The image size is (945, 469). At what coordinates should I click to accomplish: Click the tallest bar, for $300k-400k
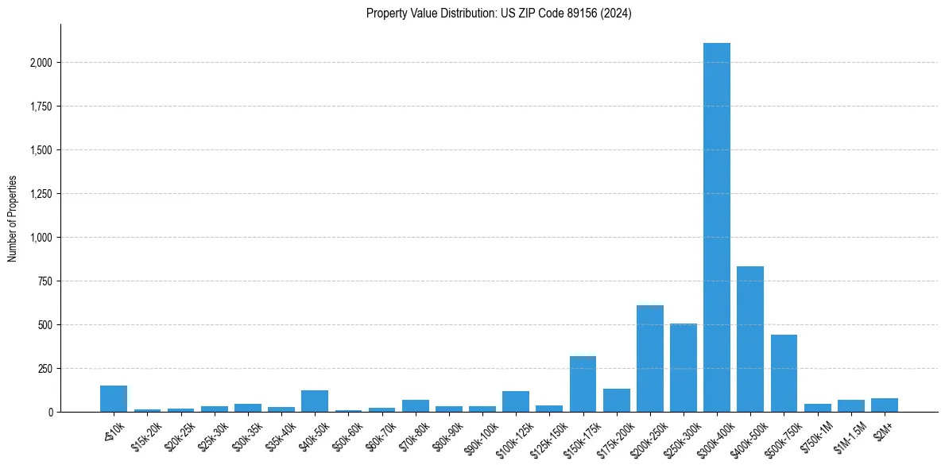716,227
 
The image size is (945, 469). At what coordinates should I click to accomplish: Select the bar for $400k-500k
749,339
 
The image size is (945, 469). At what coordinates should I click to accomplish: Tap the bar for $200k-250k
649,359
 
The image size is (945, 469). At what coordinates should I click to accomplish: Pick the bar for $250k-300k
683,368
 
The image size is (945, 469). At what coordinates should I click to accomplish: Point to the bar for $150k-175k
583,384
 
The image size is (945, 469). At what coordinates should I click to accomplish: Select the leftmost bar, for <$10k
114,399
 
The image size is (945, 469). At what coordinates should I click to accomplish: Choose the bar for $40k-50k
315,401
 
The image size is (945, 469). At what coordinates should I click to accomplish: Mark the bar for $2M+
884,405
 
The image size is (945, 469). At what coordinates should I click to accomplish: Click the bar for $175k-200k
616,401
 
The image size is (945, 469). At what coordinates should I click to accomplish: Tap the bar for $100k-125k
515,401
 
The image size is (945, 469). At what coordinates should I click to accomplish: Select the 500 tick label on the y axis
45,325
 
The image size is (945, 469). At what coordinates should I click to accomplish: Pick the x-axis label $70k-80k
415,437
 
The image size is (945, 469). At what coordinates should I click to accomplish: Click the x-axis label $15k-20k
146,437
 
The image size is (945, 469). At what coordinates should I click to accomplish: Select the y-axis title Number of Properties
12,218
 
